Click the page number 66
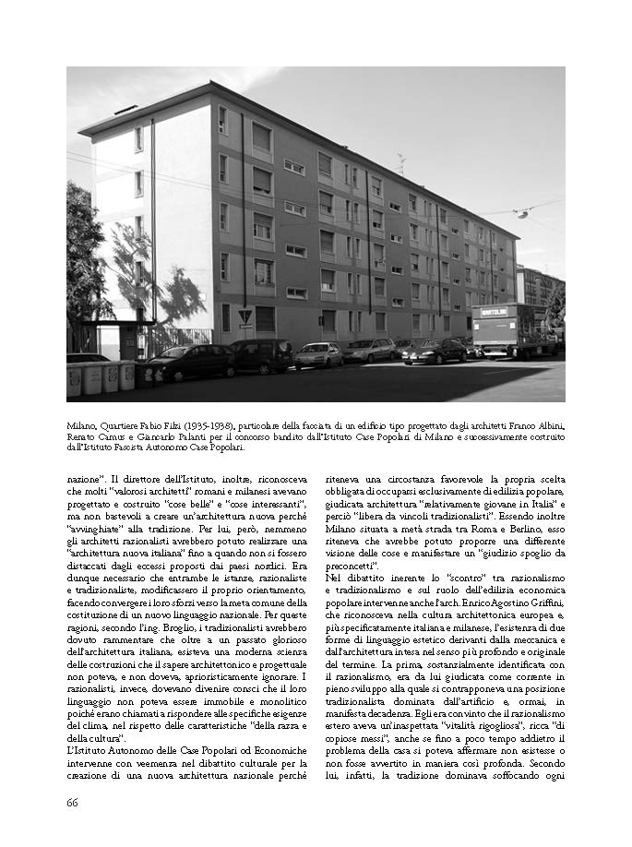tap(72, 802)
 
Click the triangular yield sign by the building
tap(245, 316)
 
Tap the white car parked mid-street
tap(319, 354)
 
